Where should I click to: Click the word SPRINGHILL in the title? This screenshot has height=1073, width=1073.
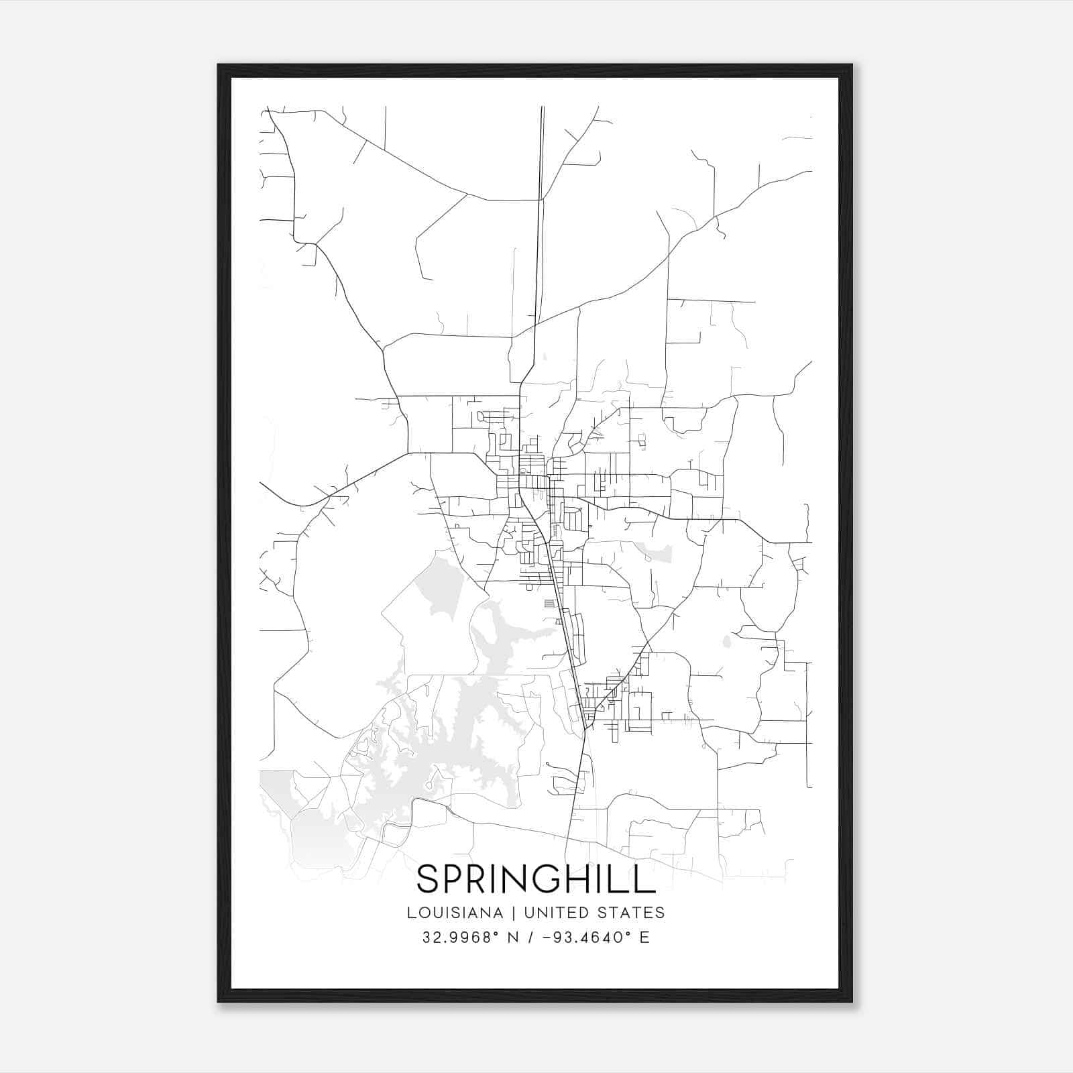coord(536,879)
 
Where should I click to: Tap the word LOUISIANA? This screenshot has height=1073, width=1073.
coord(455,913)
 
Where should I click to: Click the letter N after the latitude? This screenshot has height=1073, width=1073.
coord(513,938)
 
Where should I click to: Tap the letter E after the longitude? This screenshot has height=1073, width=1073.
coord(644,938)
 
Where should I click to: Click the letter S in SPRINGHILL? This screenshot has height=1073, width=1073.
coord(429,879)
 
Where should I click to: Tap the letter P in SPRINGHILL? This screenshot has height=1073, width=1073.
coord(456,879)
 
